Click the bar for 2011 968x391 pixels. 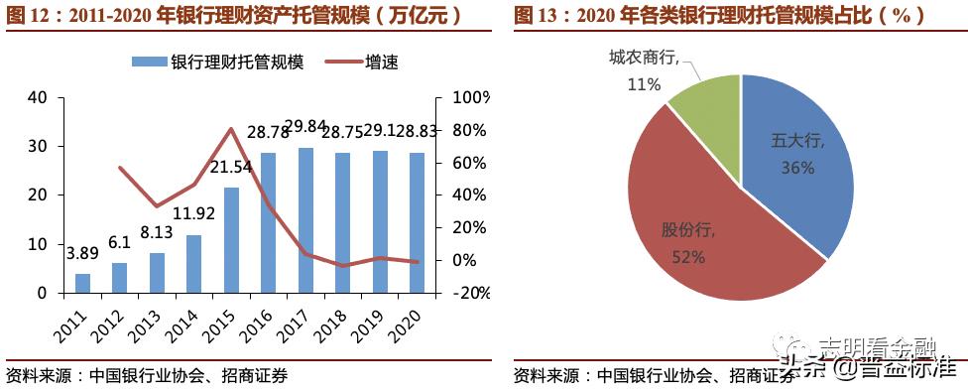point(83,283)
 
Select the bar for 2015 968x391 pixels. point(232,240)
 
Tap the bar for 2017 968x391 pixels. point(306,220)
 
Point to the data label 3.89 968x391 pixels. point(83,253)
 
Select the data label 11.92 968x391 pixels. point(193,212)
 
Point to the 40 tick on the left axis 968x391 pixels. point(39,97)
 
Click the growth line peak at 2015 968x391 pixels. point(231,128)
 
